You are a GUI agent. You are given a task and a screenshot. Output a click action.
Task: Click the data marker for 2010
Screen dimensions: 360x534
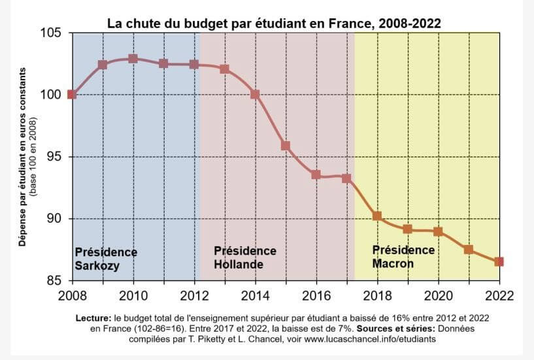pyautogui.click(x=133, y=59)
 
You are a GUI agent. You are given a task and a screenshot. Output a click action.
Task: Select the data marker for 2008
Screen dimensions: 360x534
pyautogui.click(x=72, y=94)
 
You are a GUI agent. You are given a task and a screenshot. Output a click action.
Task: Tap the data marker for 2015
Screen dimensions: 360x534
pyautogui.click(x=285, y=146)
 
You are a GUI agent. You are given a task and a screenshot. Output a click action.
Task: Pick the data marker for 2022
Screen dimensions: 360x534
pyautogui.click(x=499, y=261)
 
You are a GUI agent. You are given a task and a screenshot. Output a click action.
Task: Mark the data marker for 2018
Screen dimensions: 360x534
pyautogui.click(x=377, y=216)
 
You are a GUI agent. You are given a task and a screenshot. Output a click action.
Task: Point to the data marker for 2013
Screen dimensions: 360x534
pyautogui.click(x=224, y=69)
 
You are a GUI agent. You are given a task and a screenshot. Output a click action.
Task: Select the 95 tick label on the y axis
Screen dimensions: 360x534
pyautogui.click(x=54, y=157)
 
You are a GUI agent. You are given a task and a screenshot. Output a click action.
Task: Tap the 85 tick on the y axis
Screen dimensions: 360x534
pyautogui.click(x=54, y=281)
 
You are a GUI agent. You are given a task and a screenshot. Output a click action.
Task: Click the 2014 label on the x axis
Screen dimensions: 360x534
pyautogui.click(x=255, y=294)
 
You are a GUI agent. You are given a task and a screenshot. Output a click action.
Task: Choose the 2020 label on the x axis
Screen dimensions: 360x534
pyautogui.click(x=438, y=294)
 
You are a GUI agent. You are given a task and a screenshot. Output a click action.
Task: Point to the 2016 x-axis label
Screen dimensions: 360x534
pyautogui.click(x=316, y=294)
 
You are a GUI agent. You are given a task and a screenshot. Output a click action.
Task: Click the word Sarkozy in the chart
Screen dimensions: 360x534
pyautogui.click(x=97, y=265)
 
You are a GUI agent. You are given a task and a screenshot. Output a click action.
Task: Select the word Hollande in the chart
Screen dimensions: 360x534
pyautogui.click(x=239, y=265)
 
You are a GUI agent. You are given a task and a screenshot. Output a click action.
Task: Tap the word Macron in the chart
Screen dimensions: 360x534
pyautogui.click(x=393, y=264)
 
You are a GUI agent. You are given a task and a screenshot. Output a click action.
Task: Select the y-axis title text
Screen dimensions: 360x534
pyautogui.click(x=25, y=157)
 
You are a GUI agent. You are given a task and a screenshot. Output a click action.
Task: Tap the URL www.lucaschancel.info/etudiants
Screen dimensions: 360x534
pyautogui.click(x=380, y=339)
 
